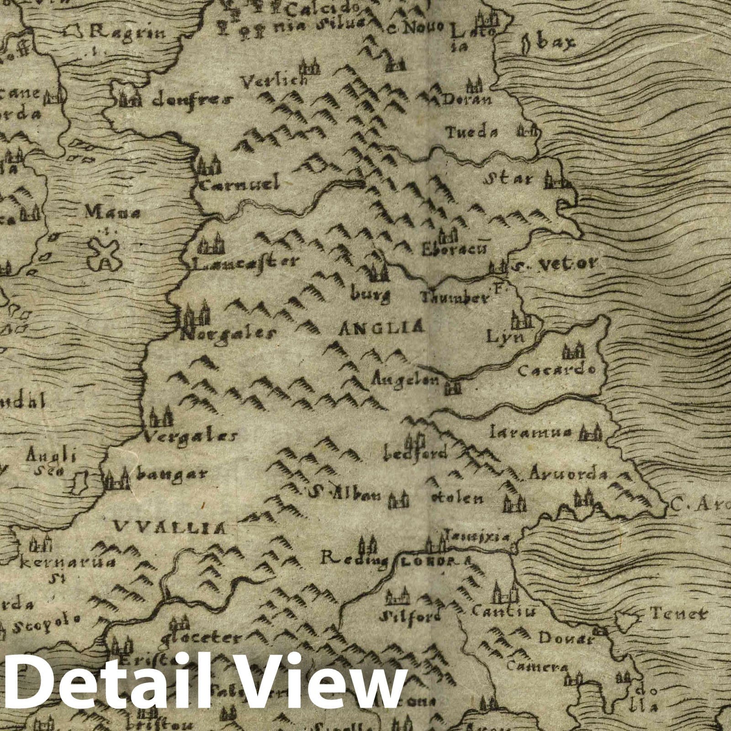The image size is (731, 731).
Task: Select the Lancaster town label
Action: [245, 262]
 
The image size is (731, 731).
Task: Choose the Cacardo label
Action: [556, 370]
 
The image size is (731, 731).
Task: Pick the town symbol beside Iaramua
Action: [589, 432]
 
